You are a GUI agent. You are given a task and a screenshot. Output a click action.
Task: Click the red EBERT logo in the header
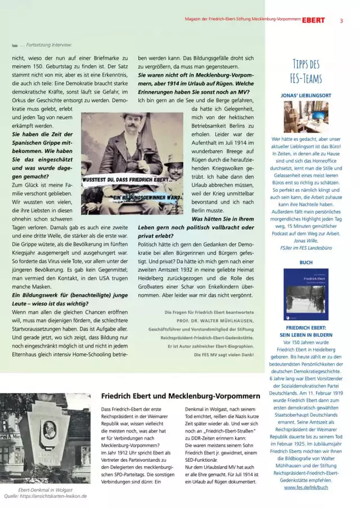(x=313, y=20)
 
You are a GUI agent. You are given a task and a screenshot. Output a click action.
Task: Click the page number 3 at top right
(x=341, y=20)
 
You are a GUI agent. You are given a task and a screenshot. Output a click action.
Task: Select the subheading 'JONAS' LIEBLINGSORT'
(x=306, y=95)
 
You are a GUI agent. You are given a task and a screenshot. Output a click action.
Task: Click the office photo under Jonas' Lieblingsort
(x=306, y=116)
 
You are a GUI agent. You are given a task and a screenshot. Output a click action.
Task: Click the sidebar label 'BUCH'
(x=306, y=263)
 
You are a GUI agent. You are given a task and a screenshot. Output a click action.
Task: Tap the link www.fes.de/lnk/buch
(x=307, y=487)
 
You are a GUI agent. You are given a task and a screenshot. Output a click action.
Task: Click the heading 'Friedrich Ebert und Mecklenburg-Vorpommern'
(x=180, y=395)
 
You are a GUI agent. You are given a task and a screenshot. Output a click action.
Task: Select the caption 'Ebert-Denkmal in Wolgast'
(x=42, y=490)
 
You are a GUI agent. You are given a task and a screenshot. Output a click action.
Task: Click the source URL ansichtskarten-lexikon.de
(x=53, y=496)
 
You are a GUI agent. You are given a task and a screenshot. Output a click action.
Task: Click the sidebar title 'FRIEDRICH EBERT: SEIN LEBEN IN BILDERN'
(x=306, y=330)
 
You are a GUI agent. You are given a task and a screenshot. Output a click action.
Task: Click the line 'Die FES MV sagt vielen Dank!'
(x=224, y=355)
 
